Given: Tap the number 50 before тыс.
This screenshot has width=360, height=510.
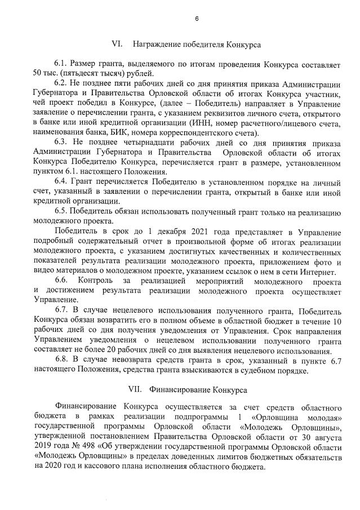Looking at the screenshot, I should [x=38, y=74].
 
